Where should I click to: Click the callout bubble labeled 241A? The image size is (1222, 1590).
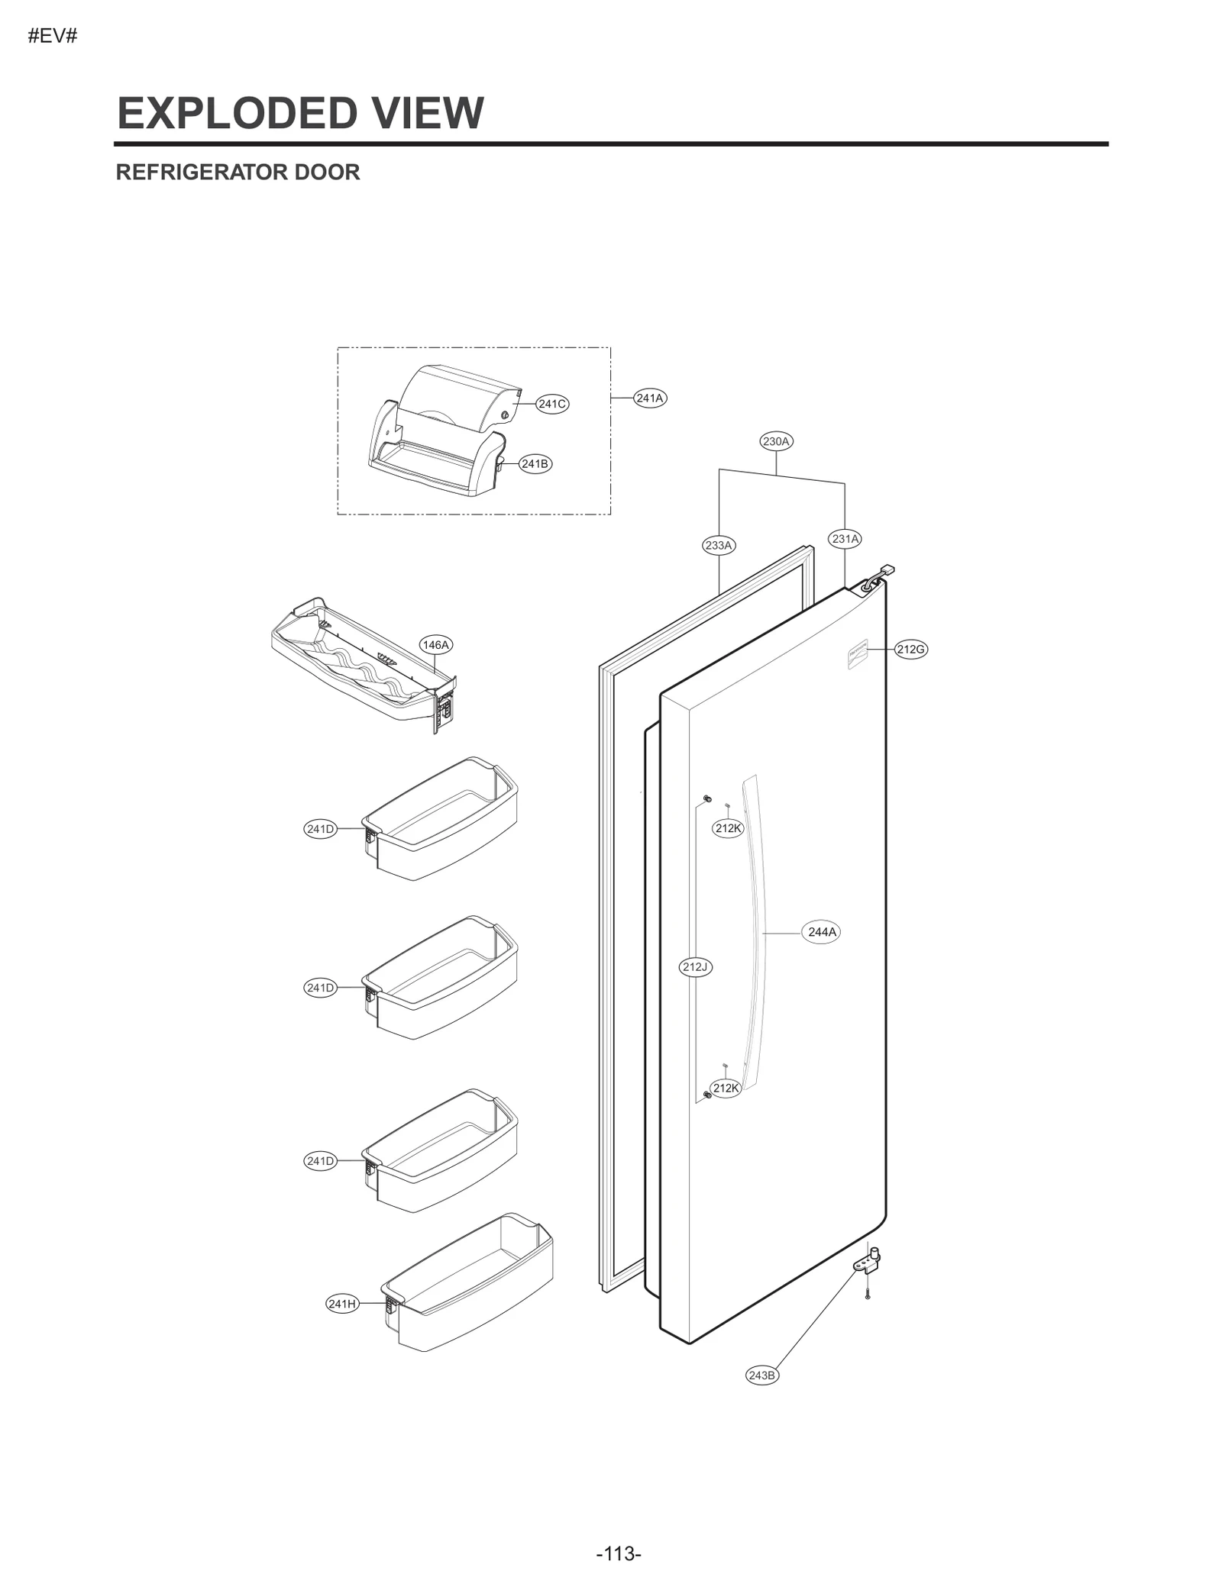[650, 398]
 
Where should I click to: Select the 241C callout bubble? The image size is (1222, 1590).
[552, 404]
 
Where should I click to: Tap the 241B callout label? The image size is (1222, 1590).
[535, 463]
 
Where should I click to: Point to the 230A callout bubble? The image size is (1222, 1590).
[776, 441]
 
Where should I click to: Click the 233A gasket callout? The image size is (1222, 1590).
[718, 545]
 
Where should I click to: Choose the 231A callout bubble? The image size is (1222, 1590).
[845, 539]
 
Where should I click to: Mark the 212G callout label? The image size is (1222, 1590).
[910, 650]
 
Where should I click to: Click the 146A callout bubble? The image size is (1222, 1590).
[435, 645]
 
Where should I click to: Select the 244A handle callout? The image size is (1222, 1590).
[822, 932]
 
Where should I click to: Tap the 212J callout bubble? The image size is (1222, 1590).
[695, 967]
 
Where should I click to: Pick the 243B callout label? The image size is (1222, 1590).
[761, 1375]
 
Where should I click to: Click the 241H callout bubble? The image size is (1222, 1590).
[342, 1304]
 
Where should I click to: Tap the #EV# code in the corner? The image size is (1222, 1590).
[53, 37]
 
